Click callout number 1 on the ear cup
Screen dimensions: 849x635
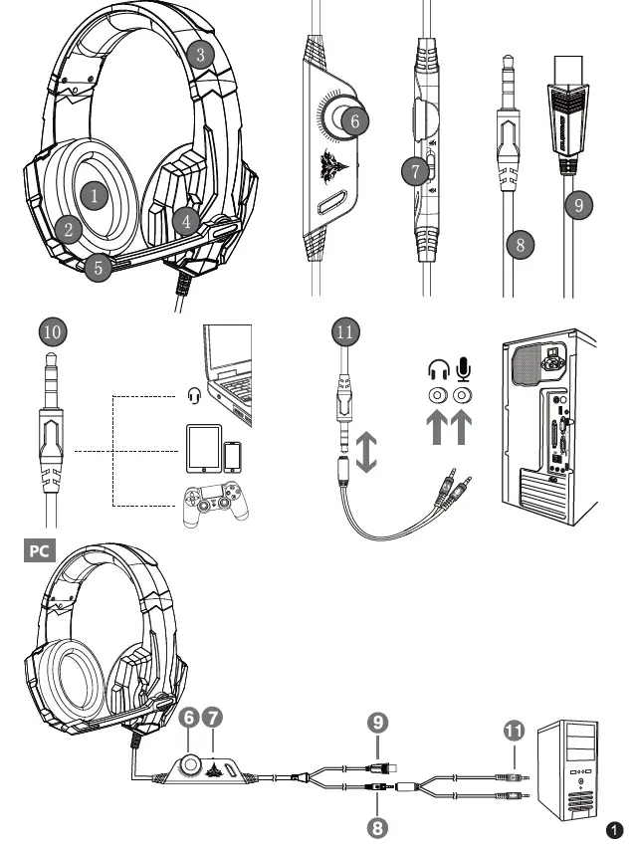[x=93, y=195]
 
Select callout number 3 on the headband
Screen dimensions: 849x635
[x=201, y=54]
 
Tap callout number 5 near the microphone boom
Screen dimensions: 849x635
[x=96, y=267]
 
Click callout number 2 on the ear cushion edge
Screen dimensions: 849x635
[x=67, y=228]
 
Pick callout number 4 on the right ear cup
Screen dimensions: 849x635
[x=183, y=220]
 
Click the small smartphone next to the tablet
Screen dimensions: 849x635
[x=233, y=456]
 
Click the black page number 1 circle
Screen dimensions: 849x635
[x=615, y=829]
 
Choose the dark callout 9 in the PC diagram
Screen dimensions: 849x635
[x=377, y=721]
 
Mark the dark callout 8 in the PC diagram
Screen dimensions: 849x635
[x=377, y=824]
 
